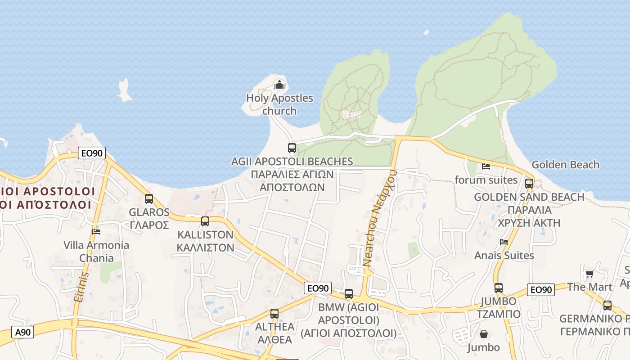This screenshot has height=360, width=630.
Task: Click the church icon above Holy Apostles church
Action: point(279,84)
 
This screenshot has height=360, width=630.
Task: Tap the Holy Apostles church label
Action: point(279,104)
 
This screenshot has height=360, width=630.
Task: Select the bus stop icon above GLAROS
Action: point(149,198)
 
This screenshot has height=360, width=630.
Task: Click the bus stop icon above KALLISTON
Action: point(205,221)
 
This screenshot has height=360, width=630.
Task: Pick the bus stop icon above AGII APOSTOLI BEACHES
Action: point(292,148)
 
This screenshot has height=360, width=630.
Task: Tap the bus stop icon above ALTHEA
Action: point(274,313)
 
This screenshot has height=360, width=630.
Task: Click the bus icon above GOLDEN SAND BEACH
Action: point(529,183)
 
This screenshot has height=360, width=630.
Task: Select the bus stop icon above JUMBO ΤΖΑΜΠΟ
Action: point(499,288)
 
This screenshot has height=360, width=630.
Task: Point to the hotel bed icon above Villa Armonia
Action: point(96,232)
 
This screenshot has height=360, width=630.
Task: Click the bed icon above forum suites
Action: point(486,166)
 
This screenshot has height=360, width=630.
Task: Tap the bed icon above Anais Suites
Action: point(504,242)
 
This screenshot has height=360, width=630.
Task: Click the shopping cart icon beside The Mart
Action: point(589,274)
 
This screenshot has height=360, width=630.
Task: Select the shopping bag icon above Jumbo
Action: point(484,334)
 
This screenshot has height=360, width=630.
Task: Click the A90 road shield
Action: point(23,333)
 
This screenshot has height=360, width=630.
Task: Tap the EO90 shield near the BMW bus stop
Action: point(318,288)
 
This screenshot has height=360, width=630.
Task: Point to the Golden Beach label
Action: point(565,165)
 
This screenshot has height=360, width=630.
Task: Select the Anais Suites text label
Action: point(504,256)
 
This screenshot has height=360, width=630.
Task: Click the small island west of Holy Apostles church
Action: point(124,90)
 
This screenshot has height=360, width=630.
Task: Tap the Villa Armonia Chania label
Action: point(96,252)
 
